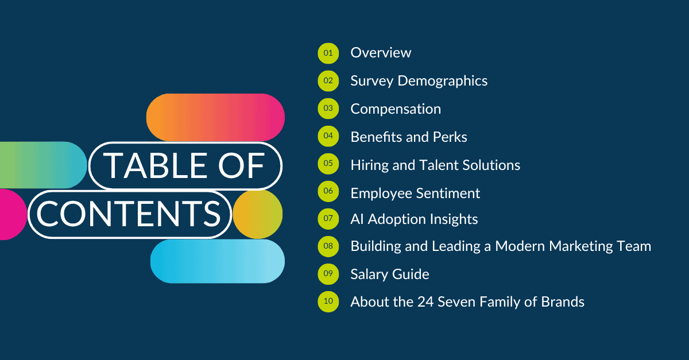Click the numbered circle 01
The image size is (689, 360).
328,53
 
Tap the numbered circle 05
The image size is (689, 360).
328,164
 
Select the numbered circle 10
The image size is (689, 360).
328,301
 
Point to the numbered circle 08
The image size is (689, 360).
328,246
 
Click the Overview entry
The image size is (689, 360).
381,53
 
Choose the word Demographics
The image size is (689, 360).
443,81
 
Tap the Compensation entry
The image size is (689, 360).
396,109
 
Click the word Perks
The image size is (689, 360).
450,137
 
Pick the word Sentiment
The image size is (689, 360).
448,193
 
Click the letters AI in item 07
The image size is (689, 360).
357,219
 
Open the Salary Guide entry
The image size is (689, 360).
390,274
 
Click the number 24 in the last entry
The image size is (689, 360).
425,302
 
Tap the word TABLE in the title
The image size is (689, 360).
154,166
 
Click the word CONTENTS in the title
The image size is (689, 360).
129,214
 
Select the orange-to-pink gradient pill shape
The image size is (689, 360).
215,117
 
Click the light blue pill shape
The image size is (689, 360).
218,261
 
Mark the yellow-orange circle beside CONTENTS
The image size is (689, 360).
258,214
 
